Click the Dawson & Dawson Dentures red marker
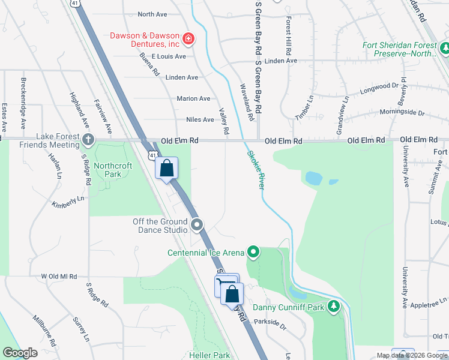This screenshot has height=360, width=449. [188, 40]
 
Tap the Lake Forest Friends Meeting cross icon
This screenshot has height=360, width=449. [88, 140]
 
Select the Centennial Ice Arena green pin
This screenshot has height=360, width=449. [253, 252]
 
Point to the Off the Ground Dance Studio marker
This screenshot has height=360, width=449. [198, 226]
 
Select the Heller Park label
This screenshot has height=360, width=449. [209, 355]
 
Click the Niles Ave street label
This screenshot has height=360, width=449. [200, 119]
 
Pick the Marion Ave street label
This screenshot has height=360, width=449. [193, 98]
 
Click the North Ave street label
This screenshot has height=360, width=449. [152, 14]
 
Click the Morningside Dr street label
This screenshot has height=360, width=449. [401, 113]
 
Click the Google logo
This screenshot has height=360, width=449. [20, 353]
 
